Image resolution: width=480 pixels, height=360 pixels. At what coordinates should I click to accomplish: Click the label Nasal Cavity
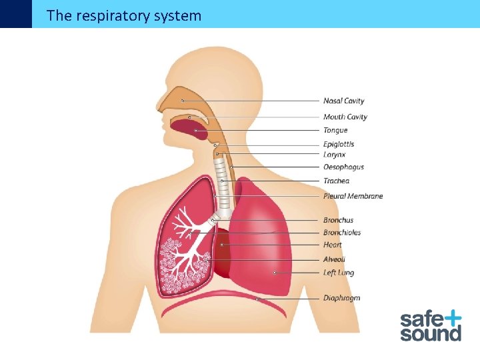tap(343, 101)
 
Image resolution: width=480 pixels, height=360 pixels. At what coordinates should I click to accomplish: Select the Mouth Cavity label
tap(345, 117)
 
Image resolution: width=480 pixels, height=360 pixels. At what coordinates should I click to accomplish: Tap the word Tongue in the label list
tap(335, 131)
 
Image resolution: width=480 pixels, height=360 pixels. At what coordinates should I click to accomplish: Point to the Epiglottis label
tap(339, 144)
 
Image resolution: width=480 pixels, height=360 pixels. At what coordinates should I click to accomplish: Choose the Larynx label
tap(334, 155)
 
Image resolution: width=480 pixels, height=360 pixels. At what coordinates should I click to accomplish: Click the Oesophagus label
tap(343, 167)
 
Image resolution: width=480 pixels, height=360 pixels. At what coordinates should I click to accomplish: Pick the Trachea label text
tap(336, 181)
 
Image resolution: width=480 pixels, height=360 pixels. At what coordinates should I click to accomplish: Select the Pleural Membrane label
tap(353, 197)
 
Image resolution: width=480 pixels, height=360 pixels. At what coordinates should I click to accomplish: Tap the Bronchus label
tap(338, 220)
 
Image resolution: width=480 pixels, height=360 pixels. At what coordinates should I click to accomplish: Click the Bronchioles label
tap(342, 233)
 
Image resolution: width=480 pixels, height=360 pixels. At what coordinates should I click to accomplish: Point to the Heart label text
tap(332, 245)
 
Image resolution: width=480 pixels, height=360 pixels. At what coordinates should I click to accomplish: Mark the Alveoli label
tap(334, 259)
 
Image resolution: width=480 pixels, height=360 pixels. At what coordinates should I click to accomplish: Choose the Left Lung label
tap(338, 273)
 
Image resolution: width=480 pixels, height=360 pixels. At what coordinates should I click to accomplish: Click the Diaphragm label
tap(341, 298)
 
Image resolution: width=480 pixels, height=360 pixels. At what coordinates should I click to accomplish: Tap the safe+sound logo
tap(431, 325)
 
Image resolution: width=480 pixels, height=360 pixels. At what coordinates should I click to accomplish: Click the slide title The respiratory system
tap(124, 15)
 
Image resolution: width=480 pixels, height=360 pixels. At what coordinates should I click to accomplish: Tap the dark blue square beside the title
tap(15, 13)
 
